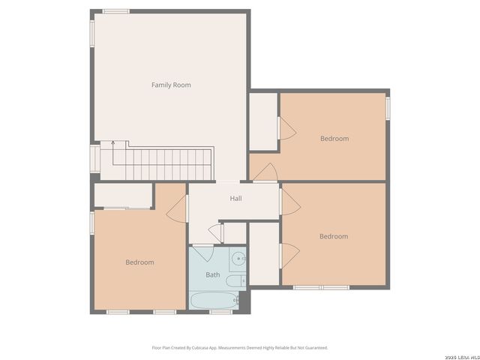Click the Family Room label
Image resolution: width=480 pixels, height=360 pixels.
coord(171,85)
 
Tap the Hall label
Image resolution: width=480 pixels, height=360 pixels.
coord(235,199)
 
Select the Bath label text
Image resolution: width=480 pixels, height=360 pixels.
coord(213,274)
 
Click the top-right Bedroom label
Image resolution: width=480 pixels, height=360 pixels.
coord(334,138)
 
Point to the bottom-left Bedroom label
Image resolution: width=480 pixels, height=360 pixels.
coord(139,262)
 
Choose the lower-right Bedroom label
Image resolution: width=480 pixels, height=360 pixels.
coord(334,236)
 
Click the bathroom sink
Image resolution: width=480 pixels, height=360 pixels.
coord(238,259)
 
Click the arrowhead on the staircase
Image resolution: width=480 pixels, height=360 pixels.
coord(112,142)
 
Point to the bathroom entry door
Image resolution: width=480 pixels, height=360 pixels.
coord(202,250)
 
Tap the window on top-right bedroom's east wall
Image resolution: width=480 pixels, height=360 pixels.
coord(388,107)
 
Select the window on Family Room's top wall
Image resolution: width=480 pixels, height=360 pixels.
coord(115,11)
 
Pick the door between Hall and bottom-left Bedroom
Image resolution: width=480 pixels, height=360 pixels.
coord(178,209)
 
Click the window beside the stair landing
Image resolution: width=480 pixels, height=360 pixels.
coord(94,157)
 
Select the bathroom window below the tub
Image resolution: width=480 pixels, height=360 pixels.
coord(220,311)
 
